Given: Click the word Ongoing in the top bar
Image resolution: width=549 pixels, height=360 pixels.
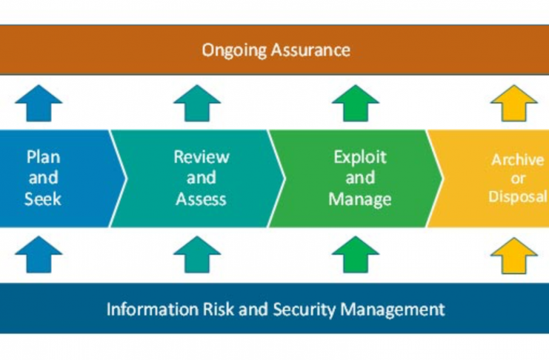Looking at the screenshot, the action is click(x=234, y=50).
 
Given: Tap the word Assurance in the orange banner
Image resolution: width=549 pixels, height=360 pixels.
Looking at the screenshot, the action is click(x=311, y=50).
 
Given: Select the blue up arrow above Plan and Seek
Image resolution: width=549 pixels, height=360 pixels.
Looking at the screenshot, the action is click(x=39, y=103).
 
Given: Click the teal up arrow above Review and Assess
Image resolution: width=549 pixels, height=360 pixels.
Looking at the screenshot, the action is click(x=197, y=103).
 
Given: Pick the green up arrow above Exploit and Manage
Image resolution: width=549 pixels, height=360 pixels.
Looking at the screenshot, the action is click(x=356, y=103).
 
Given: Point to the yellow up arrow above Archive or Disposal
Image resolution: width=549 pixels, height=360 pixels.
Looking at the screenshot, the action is click(x=514, y=103).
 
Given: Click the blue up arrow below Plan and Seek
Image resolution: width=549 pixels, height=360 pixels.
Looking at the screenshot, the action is click(x=39, y=255).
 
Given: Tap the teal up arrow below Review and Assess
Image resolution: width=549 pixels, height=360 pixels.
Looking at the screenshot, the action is click(x=197, y=255).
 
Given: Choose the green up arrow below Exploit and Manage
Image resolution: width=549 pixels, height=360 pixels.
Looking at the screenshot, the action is click(x=356, y=255).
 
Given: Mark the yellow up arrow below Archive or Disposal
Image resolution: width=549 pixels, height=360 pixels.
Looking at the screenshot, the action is click(x=514, y=256).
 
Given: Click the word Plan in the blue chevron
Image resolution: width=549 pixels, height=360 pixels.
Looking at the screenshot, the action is click(x=44, y=157).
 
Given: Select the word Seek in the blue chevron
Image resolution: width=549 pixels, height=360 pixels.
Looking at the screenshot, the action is click(x=43, y=199).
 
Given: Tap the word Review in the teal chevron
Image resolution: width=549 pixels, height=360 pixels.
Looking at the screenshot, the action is click(x=202, y=157).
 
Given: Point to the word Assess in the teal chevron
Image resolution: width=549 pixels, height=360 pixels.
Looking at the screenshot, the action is click(x=201, y=199).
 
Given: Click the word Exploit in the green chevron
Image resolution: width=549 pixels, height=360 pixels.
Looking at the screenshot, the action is click(x=360, y=157).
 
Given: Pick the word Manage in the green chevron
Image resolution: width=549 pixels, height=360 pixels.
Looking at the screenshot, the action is click(x=360, y=199).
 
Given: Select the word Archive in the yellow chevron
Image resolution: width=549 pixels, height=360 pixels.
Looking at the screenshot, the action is click(x=518, y=160).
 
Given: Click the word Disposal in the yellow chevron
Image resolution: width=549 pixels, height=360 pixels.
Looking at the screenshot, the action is click(x=518, y=196).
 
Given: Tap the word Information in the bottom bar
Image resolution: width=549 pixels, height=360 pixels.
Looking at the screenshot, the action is click(x=153, y=309).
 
